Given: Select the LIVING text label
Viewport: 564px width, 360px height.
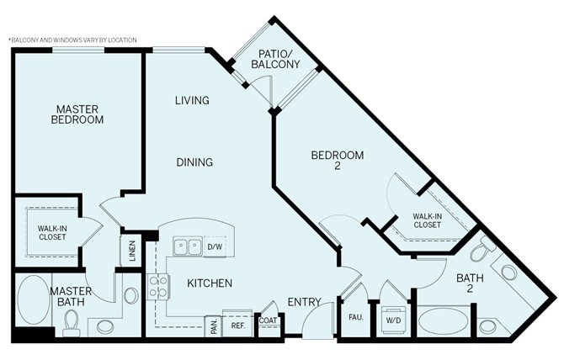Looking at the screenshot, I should [x=192, y=101].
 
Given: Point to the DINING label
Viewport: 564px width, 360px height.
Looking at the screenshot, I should [x=194, y=162].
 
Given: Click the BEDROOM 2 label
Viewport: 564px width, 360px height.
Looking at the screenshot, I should [x=337, y=161].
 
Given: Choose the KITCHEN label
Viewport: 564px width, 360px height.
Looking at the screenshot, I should [x=210, y=283].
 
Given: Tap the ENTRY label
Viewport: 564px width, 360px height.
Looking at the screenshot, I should [x=304, y=302].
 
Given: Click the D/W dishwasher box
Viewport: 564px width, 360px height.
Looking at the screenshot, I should [x=214, y=246].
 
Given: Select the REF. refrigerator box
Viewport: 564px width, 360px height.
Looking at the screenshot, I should [x=237, y=325].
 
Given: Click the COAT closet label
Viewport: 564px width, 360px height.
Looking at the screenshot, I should [x=269, y=320].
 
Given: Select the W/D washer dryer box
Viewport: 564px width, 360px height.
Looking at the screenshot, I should [x=393, y=320].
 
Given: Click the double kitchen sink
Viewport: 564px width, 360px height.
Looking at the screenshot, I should [x=188, y=246].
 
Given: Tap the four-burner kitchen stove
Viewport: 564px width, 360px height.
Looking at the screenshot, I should [x=158, y=288].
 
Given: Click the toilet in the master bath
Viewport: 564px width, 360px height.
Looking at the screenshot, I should [x=72, y=321].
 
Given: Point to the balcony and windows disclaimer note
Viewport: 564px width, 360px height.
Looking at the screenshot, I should [x=72, y=40].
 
